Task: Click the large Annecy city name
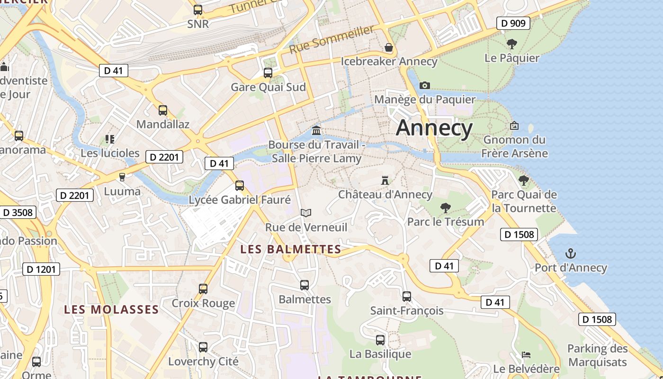pos(434,128)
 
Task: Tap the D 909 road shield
pos(513,23)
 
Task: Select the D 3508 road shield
pos(18,212)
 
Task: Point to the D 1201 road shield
pos(41,270)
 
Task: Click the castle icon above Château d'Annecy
pos(385,180)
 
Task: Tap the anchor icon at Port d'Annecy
pos(570,253)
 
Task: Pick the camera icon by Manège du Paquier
pos(425,85)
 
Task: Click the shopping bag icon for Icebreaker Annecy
pos(389,47)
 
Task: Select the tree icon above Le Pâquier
pos(511,44)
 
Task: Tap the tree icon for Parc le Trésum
pos(445,208)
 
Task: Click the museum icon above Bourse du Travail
pos(316,130)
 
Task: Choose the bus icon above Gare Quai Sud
pos(268,73)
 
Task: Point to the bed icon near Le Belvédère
pos(526,355)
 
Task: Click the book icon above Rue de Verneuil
pos(306,213)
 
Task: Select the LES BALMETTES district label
pos(291,249)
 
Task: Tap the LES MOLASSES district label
pos(111,309)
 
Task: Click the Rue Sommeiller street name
pos(331,39)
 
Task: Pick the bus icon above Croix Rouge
pos(203,289)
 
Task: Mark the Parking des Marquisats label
pos(598,355)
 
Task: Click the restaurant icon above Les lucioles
pos(110,139)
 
